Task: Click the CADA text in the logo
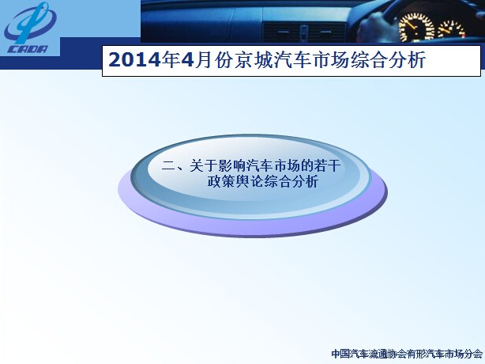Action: (x=28, y=49)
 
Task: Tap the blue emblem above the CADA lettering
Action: (x=30, y=23)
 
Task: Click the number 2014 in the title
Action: (x=134, y=60)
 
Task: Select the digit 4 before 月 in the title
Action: (x=187, y=60)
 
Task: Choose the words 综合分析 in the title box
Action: (x=388, y=60)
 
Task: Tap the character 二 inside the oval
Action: (x=168, y=166)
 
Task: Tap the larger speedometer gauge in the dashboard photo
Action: (x=416, y=27)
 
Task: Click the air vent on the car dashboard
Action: (x=304, y=32)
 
